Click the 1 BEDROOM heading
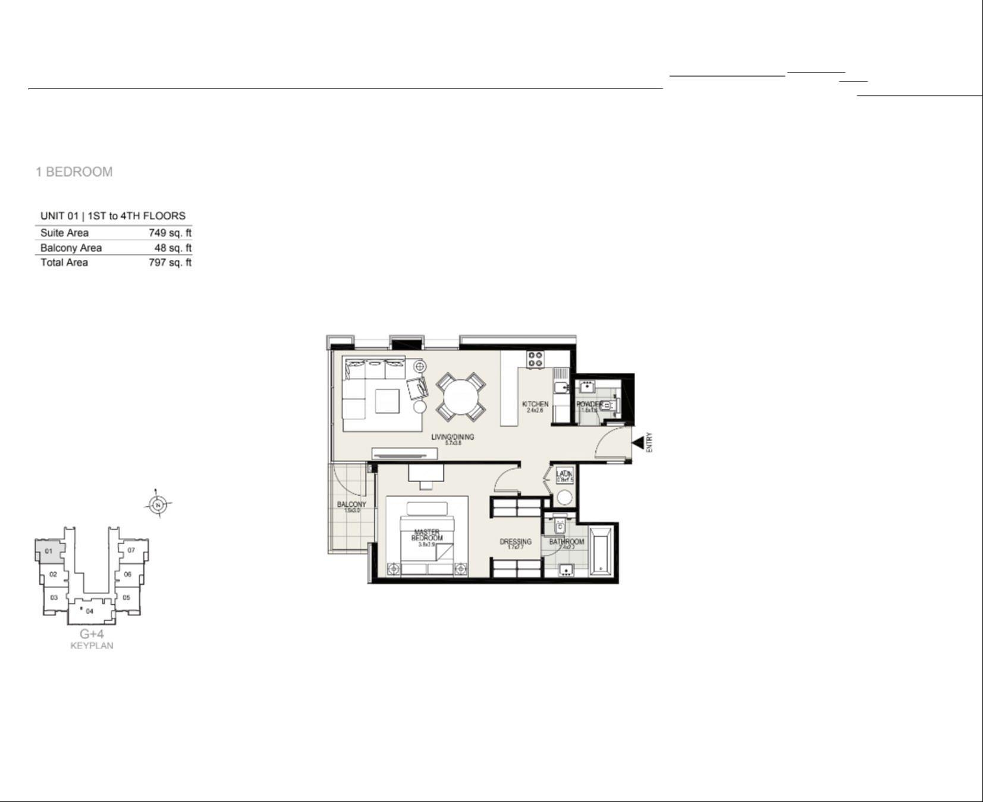point(74,172)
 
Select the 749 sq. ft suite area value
point(169,232)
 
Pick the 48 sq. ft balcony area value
point(172,248)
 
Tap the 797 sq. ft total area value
point(169,262)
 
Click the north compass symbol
point(158,505)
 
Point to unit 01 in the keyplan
point(49,551)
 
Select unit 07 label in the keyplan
point(131,550)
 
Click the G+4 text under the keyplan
point(92,634)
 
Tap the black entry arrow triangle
point(638,443)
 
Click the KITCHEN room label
point(535,404)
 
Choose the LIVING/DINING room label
point(453,437)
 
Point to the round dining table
point(460,396)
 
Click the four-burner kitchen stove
point(535,359)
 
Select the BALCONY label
point(351,505)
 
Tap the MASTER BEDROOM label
point(427,534)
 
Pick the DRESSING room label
point(516,542)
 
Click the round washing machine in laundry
point(564,497)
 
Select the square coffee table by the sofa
point(387,400)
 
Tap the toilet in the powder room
point(608,406)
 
